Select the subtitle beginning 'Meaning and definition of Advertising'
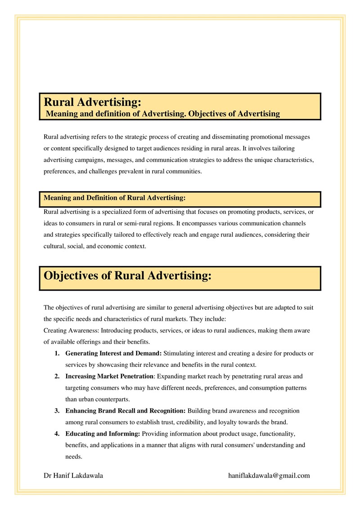[163, 113]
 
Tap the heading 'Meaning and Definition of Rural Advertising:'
[115, 198]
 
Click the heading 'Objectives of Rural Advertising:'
[127, 275]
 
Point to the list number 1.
[57, 353]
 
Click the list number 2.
[57, 376]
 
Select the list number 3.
[57, 411]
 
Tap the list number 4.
[57, 433]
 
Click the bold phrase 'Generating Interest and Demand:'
[113, 353]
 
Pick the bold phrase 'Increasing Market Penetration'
[109, 376]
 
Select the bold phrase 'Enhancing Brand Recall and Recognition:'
[126, 411]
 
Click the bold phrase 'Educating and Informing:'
[103, 433]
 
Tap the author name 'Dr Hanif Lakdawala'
[73, 475]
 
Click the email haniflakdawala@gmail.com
[269, 475]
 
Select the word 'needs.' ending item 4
[74, 456]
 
